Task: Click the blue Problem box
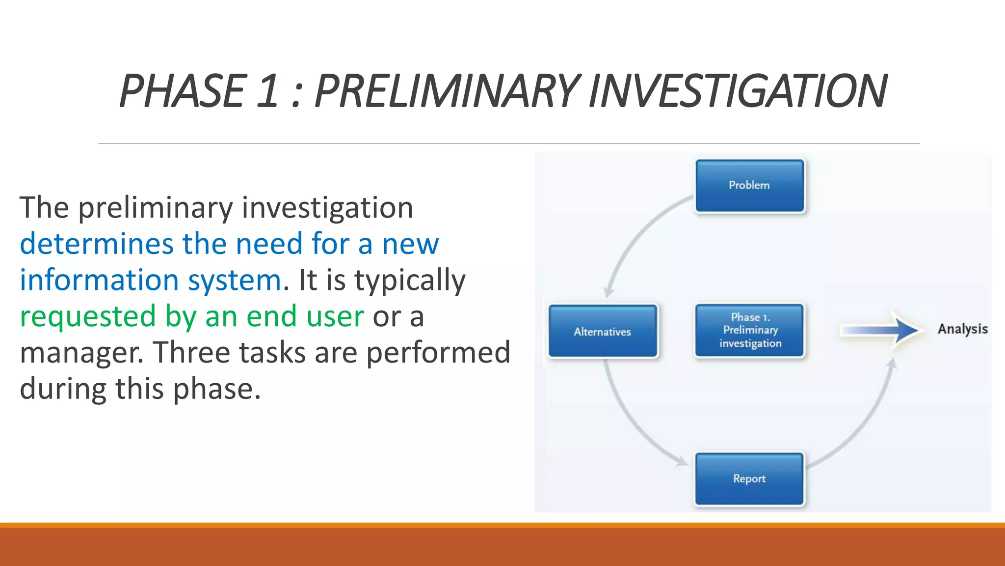click(749, 186)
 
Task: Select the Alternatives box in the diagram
click(603, 331)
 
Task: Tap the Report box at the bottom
click(749, 479)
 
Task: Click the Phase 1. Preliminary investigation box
click(749, 330)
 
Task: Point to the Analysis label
click(962, 329)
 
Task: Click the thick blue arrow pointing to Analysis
click(878, 330)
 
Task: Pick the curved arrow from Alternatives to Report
click(633, 423)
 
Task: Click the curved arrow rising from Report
click(864, 423)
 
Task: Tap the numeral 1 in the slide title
click(267, 91)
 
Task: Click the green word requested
click(88, 317)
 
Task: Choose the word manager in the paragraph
click(81, 353)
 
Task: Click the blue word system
click(235, 281)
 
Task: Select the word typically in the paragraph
click(410, 281)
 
